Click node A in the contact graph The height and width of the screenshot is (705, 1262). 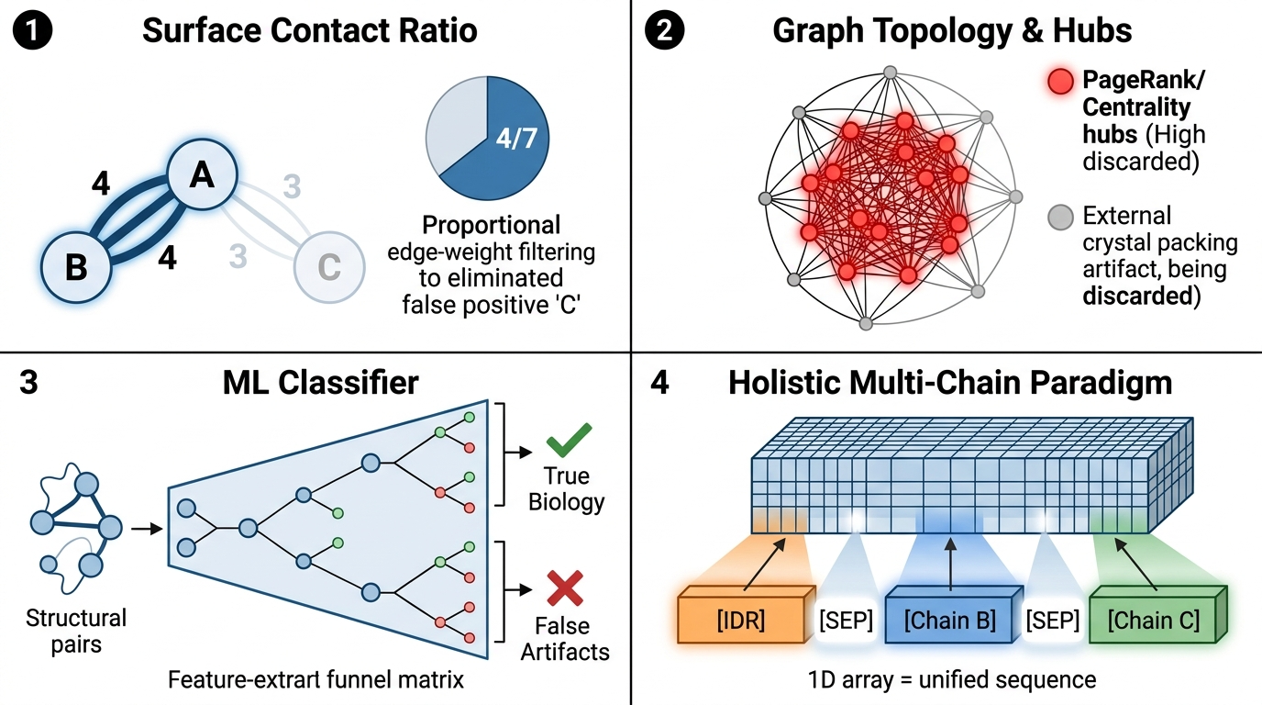(x=202, y=174)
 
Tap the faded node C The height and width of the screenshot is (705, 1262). (x=327, y=268)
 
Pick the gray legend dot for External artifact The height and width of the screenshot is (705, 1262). (x=1060, y=218)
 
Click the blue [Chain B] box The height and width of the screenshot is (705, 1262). (x=949, y=620)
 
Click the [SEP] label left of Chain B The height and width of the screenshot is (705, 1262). (x=845, y=621)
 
